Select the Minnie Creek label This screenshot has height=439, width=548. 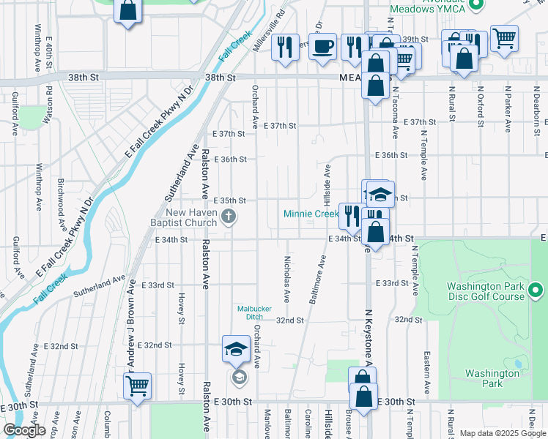click(x=311, y=214)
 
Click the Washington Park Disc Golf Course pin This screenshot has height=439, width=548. click(x=536, y=291)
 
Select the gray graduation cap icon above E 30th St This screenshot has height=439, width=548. click(x=238, y=378)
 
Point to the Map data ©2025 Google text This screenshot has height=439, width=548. click(x=503, y=433)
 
